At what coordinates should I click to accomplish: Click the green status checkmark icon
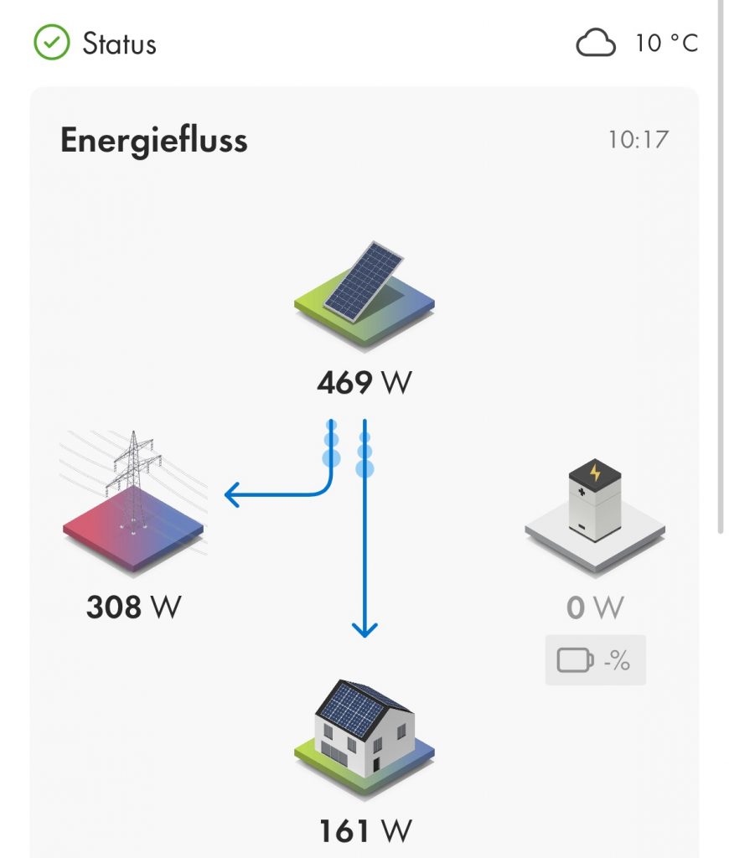coord(50,43)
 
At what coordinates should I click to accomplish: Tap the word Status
coord(119,44)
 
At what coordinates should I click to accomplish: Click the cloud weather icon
coord(596,44)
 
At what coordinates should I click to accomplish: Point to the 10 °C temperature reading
coord(667,44)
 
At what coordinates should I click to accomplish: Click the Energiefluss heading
coord(154,141)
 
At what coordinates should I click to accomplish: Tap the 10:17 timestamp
coord(639,139)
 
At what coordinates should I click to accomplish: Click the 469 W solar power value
coord(364,383)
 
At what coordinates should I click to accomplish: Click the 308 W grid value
coord(134,607)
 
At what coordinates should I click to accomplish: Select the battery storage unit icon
coord(595,501)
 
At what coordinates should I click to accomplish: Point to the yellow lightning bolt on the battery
coord(596,473)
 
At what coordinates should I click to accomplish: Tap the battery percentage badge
coord(595,660)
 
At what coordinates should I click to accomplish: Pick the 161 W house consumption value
coord(365,831)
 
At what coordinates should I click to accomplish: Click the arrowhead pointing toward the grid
coord(232,496)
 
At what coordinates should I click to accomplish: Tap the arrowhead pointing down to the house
coord(364,628)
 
